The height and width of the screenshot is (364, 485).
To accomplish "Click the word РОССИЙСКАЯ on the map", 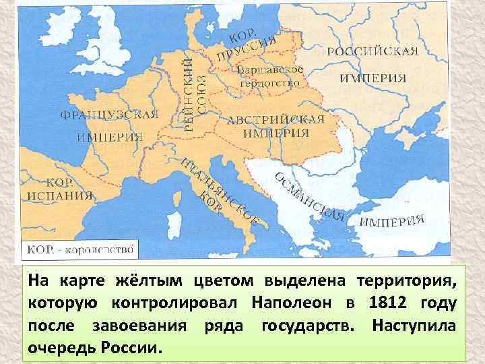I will [373, 52].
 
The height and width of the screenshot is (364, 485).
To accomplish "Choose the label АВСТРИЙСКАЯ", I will [276, 119].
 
